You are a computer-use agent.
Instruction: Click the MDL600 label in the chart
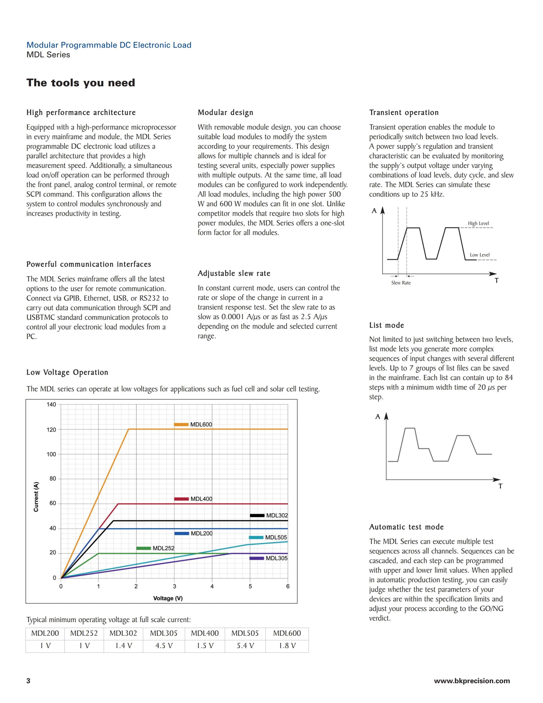click(x=201, y=424)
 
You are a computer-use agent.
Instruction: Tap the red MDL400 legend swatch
click(x=182, y=499)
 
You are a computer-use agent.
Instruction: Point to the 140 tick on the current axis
click(x=51, y=404)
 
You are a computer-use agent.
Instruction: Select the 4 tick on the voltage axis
click(x=212, y=586)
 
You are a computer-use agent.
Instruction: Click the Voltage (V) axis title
click(x=168, y=598)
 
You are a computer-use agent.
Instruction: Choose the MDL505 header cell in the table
click(x=245, y=633)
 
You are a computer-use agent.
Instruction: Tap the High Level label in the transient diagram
click(x=478, y=223)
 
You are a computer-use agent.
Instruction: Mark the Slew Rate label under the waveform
click(x=401, y=283)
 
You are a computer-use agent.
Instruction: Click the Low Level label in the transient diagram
click(x=480, y=255)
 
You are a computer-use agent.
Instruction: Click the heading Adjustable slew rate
click(x=234, y=273)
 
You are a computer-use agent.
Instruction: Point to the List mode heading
click(x=386, y=325)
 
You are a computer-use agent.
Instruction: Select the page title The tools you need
click(x=81, y=83)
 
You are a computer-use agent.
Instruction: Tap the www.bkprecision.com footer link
click(x=472, y=680)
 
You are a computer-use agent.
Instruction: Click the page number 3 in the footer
click(x=28, y=680)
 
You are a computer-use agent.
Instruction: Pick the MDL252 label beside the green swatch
click(x=163, y=548)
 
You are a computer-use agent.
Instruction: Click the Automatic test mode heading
click(x=406, y=527)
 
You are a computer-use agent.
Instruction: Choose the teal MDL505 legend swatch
click(x=256, y=537)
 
